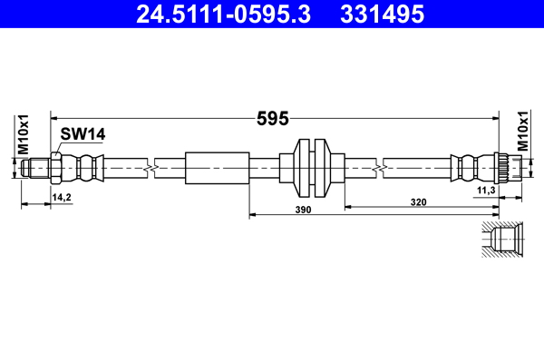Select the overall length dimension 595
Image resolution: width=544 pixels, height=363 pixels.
272,118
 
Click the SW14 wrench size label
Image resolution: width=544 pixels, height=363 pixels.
83,134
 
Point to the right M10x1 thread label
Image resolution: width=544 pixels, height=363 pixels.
523,132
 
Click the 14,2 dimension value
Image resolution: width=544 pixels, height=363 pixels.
62,196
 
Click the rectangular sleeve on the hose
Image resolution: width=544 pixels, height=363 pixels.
217,166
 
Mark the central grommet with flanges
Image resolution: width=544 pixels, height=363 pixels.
312,166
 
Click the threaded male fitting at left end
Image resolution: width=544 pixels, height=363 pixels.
37,166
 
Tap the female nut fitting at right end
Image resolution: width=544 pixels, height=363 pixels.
505,166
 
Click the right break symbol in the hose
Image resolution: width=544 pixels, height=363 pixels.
379,166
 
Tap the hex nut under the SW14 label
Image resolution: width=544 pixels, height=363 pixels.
57,166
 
